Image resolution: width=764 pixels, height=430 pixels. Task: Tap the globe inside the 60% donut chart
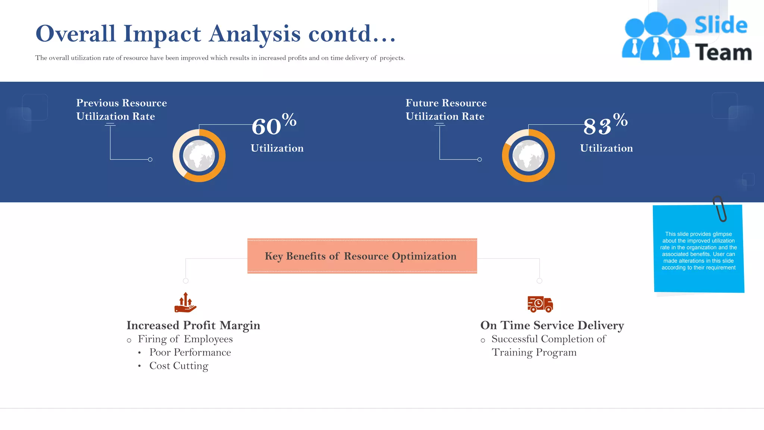[199, 156]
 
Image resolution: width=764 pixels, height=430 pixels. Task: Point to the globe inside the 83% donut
[528, 156]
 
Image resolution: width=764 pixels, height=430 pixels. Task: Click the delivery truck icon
[540, 304]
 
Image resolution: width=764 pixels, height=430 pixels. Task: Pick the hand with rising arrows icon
[185, 303]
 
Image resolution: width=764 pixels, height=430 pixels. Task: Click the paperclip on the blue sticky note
[720, 208]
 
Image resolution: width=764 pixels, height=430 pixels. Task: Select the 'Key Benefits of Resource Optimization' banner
[362, 256]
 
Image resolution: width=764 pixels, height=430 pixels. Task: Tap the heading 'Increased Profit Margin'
[193, 325]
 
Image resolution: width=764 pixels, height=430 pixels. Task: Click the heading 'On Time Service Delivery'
[552, 325]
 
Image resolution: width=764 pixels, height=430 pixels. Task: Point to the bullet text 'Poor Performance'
[190, 352]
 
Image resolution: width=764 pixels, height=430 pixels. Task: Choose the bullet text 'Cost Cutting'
[179, 366]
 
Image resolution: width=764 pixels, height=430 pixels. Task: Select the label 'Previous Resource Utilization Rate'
[121, 109]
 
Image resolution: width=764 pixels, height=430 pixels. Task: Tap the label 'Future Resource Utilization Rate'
[446, 109]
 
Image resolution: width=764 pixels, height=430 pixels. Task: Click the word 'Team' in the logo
[723, 53]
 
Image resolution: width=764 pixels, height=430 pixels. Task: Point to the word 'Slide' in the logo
[721, 25]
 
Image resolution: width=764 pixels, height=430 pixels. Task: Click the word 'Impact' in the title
[162, 34]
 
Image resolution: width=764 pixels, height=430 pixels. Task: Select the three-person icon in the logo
[655, 36]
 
